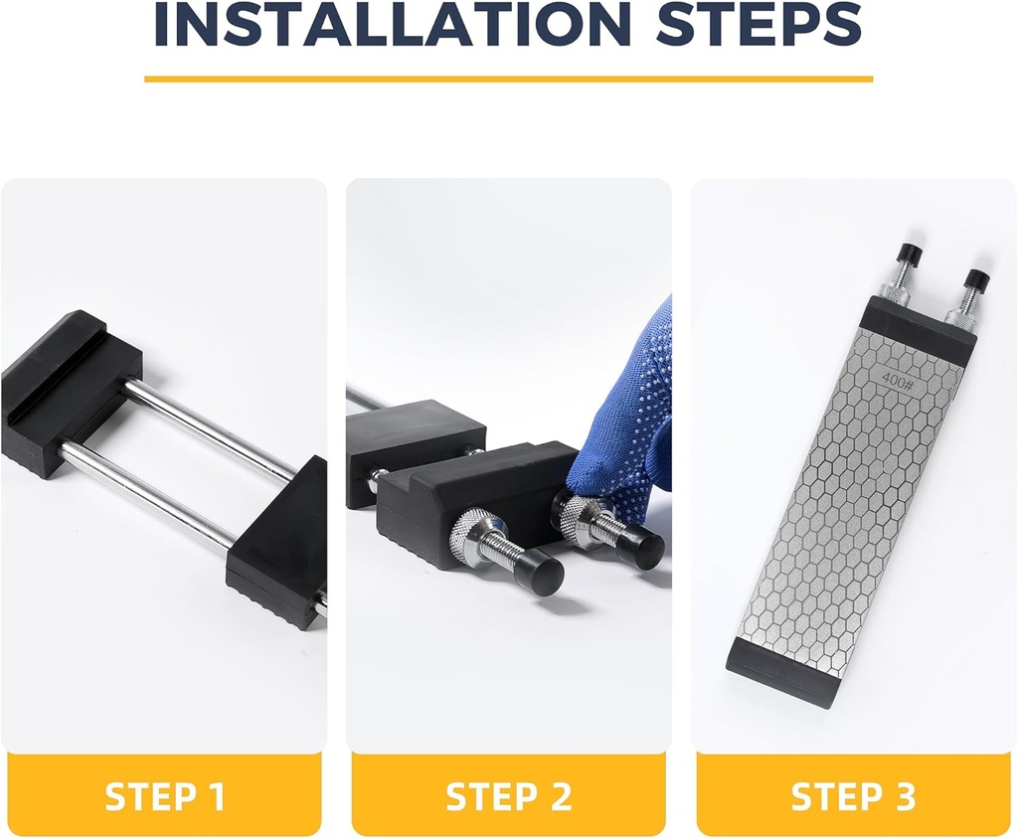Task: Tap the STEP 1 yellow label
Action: tap(165, 796)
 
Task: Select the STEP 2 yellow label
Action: tap(508, 796)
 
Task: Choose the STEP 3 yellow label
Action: tap(853, 796)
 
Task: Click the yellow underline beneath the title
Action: tap(508, 79)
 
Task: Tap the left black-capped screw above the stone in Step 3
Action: tap(908, 259)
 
